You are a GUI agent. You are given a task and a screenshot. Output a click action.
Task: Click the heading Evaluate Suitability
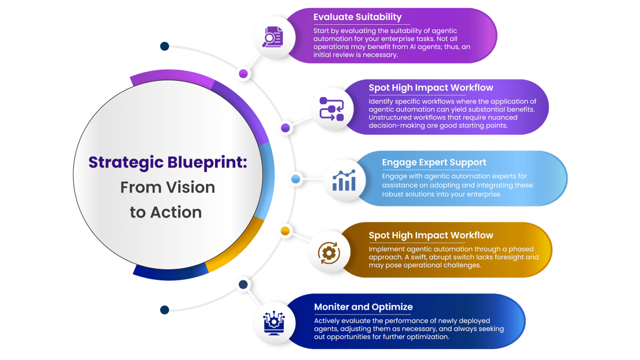357,17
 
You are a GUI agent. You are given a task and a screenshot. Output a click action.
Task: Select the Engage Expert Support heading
434,162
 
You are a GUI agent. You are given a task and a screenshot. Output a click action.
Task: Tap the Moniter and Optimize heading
363,307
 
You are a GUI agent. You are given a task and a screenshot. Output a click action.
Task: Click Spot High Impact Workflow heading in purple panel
431,88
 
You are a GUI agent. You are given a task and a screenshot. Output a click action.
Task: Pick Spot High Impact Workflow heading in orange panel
431,235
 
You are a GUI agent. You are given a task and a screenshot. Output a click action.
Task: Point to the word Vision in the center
190,187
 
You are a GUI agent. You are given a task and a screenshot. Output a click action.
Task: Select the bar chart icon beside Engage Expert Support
344,180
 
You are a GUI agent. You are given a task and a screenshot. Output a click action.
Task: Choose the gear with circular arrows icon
328,252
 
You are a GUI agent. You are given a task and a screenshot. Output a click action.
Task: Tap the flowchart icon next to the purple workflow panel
331,108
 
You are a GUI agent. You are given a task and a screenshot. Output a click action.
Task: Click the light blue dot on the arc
296,179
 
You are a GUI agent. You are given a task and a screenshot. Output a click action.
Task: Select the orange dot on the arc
284,231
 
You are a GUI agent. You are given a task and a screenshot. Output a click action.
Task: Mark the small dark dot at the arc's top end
164,46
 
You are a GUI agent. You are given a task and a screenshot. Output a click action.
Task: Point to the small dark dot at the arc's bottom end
164,310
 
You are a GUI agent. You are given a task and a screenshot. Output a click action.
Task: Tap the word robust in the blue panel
394,194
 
